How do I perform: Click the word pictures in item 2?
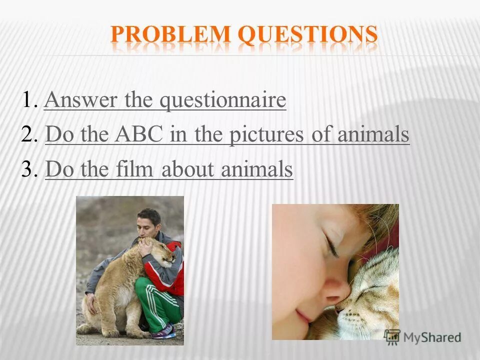pos(266,135)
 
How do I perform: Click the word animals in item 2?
pos(373,134)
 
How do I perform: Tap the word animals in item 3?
pos(256,169)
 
